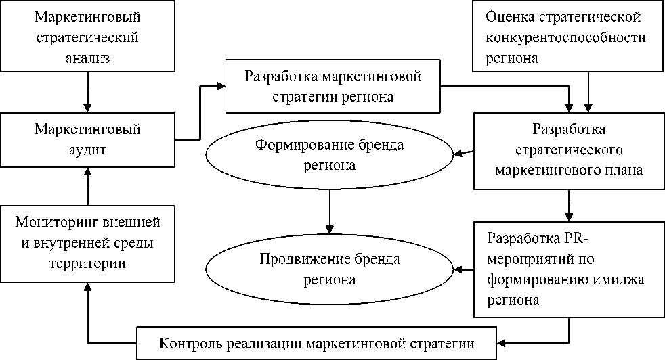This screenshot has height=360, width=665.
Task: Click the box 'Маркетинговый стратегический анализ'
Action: [x=87, y=37]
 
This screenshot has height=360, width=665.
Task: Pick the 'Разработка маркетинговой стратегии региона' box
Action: [x=332, y=85]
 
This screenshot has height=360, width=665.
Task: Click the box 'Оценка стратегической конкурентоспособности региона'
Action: [x=567, y=37]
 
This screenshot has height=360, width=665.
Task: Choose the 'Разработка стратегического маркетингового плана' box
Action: [x=569, y=149]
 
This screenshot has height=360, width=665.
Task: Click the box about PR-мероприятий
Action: [x=569, y=269]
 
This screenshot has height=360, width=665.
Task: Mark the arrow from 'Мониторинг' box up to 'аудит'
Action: [x=87, y=186]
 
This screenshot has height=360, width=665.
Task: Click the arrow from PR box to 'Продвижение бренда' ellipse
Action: [x=463, y=269]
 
